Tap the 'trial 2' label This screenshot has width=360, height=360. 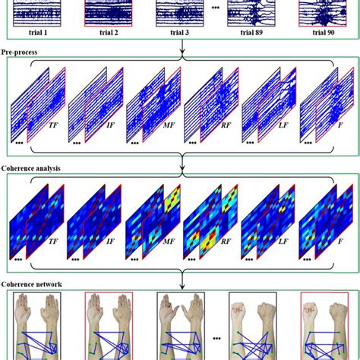click(107, 33)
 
